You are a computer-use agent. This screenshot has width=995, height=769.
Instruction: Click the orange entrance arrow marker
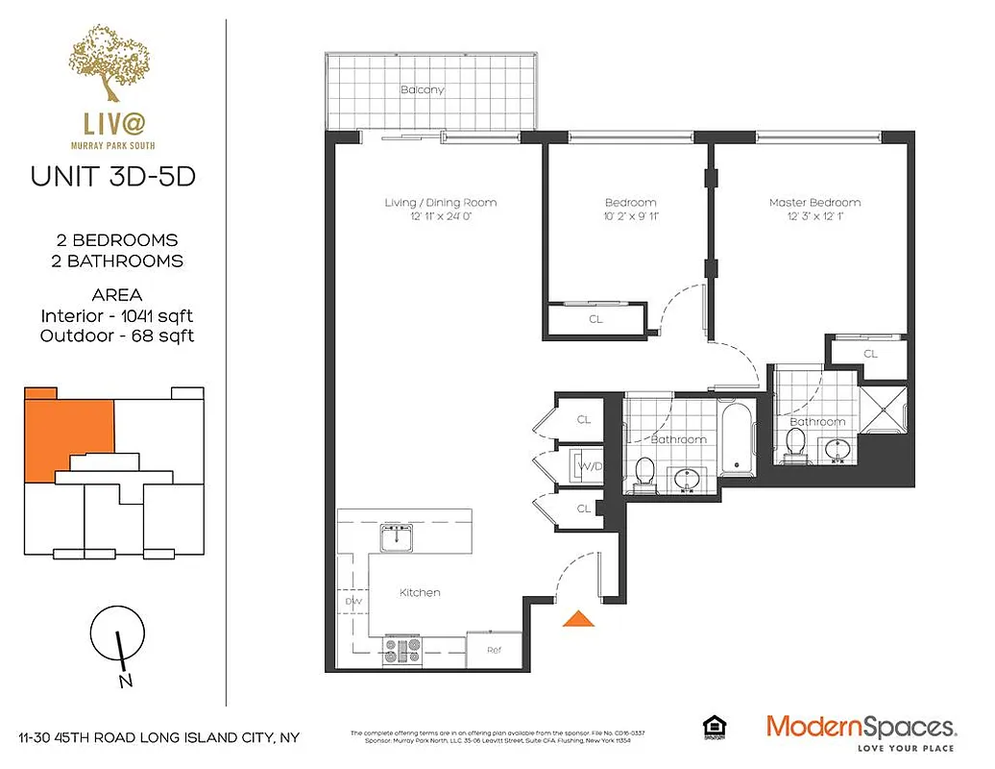[577, 619]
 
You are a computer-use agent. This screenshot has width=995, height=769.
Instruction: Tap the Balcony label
[422, 90]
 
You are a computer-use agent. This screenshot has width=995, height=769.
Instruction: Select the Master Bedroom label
[814, 203]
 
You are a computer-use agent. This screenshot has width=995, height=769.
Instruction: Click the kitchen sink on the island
[395, 538]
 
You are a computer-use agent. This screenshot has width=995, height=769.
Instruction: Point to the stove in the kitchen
[403, 650]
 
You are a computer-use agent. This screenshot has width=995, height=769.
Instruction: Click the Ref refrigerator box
[494, 650]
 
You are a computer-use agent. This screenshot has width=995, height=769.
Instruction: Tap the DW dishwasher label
[352, 603]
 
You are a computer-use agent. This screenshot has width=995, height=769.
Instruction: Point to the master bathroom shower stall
[883, 409]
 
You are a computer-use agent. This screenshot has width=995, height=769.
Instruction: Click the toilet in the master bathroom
[795, 443]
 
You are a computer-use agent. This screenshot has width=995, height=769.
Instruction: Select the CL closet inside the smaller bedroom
[595, 319]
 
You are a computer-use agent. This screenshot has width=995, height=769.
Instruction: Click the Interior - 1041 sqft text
[117, 315]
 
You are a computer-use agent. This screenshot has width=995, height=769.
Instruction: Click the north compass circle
[117, 634]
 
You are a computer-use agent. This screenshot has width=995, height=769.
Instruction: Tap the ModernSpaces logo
[861, 728]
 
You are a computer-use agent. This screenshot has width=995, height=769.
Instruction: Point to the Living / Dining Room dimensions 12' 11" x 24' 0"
[440, 217]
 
